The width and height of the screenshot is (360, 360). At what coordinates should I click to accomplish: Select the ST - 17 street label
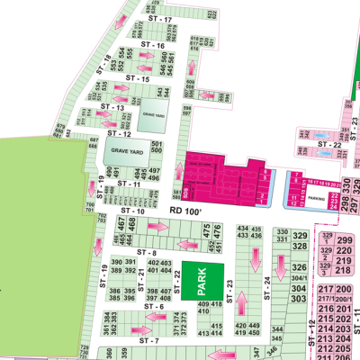pyautogui.click(x=160, y=19)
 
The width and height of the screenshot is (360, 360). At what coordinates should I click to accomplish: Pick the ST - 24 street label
pyautogui.click(x=267, y=287)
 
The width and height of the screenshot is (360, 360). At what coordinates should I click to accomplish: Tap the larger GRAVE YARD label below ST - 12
pyautogui.click(x=127, y=152)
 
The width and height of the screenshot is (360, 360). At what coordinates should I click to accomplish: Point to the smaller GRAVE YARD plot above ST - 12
pyautogui.click(x=153, y=114)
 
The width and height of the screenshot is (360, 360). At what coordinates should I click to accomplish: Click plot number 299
pyautogui.click(x=344, y=239)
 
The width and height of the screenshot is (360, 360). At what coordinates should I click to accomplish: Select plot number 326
pyautogui.click(x=301, y=267)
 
